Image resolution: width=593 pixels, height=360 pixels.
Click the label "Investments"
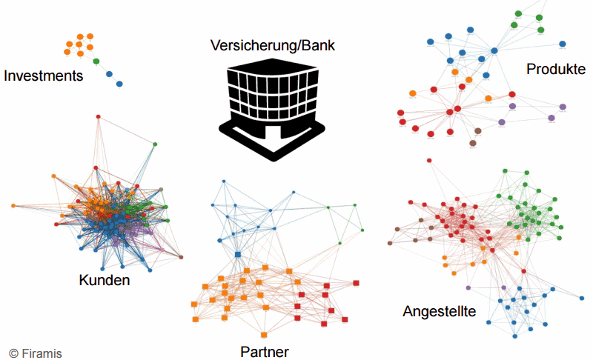point(43,76)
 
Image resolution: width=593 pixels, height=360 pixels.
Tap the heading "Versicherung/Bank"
point(272,46)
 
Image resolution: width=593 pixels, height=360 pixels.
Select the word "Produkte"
point(556,69)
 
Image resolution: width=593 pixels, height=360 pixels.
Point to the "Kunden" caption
point(104,280)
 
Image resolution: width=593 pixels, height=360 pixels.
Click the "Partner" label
point(265,351)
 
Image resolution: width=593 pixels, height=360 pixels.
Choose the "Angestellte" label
point(439,311)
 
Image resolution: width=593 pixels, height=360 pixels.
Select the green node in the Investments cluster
point(96,61)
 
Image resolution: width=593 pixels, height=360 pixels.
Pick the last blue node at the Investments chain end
point(119,84)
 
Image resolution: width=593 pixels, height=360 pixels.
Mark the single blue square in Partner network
point(238,255)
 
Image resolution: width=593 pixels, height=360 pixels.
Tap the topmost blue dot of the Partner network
point(222,180)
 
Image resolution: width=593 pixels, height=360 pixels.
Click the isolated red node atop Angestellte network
point(428,160)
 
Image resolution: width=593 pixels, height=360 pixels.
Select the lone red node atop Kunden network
point(99,116)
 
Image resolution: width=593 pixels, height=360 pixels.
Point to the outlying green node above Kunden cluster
point(155,144)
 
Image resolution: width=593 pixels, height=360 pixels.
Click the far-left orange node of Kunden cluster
point(13,205)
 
